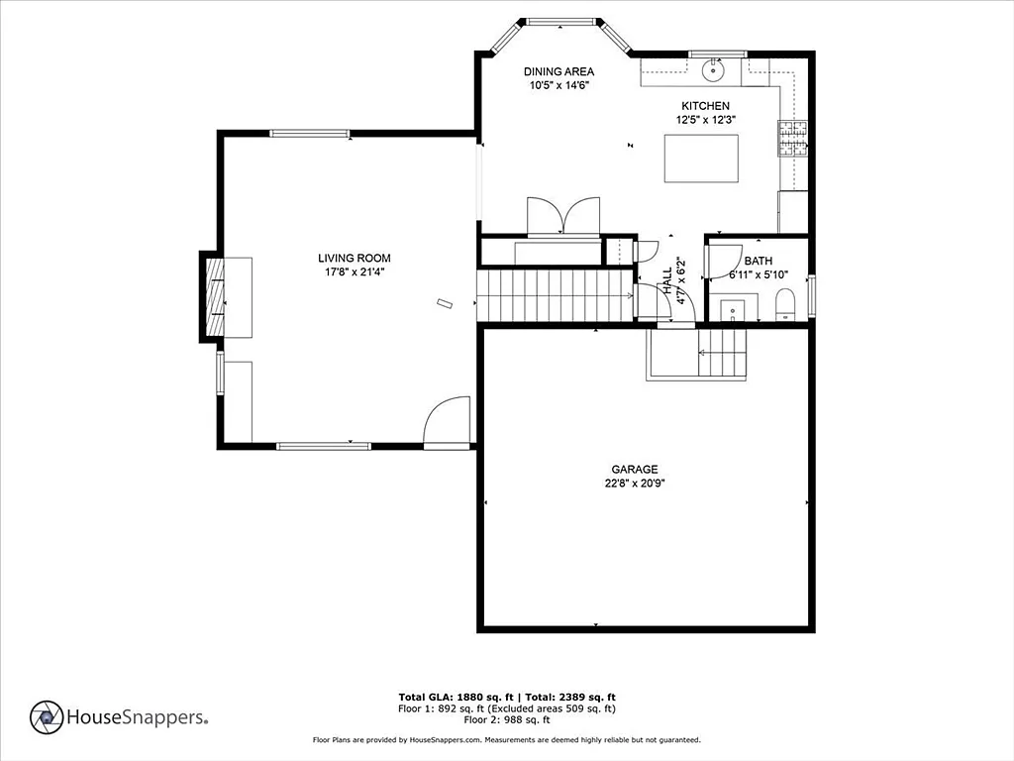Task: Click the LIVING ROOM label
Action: [354, 259]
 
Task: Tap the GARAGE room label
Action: [635, 469]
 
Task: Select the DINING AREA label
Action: [558, 71]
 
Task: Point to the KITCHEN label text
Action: [705, 105]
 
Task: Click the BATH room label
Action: [758, 261]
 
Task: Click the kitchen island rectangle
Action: [702, 159]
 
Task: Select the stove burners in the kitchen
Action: [793, 139]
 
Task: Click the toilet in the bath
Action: [784, 305]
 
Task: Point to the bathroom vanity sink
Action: [733, 310]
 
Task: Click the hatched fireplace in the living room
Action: [215, 297]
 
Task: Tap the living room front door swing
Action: [447, 421]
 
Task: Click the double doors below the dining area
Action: [563, 215]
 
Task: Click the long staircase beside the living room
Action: [555, 295]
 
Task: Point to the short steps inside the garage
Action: [722, 353]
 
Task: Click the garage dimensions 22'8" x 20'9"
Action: [635, 483]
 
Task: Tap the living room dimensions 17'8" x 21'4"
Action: [355, 272]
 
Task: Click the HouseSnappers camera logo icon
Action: [47, 717]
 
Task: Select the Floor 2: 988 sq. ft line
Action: [507, 719]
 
